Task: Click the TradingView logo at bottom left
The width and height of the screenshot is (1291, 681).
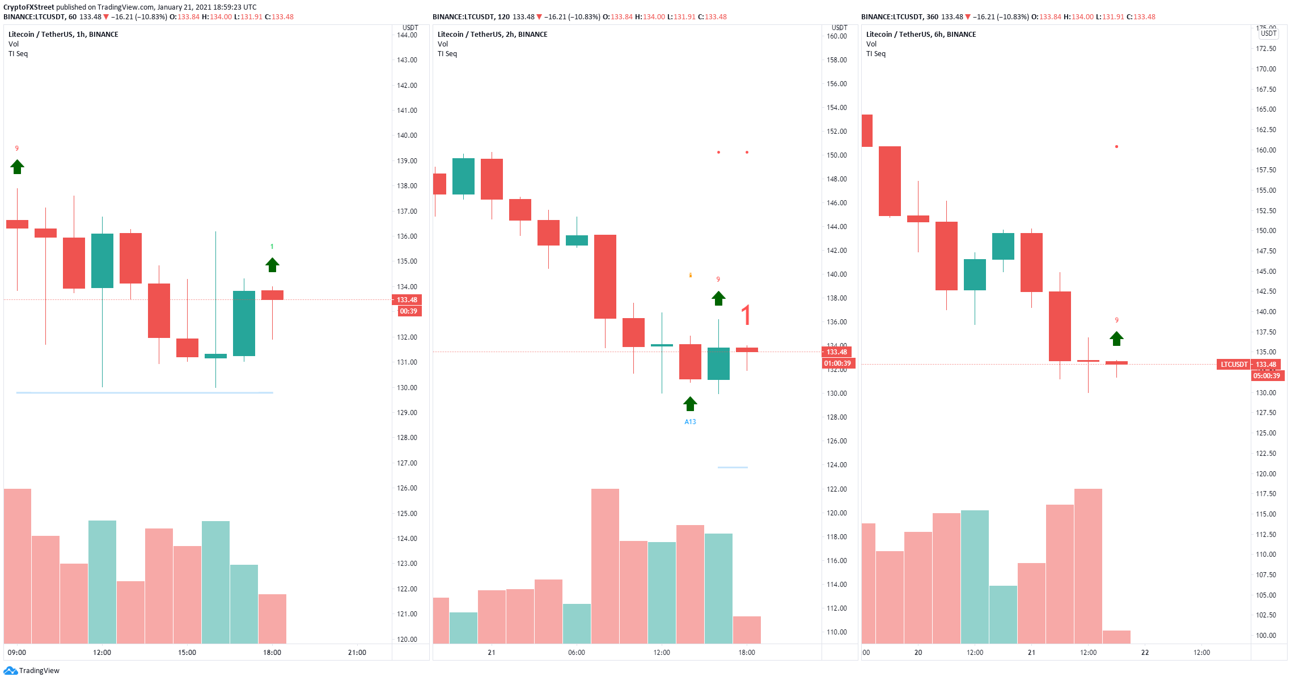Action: click(31, 671)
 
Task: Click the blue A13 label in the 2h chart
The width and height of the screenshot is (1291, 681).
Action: click(690, 422)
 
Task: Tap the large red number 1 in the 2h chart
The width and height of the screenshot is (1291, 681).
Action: click(746, 315)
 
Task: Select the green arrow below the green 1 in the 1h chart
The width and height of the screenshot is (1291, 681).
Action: click(272, 265)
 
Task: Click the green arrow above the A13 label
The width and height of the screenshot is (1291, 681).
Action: click(690, 404)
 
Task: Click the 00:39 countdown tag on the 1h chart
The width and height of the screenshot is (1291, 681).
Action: click(408, 311)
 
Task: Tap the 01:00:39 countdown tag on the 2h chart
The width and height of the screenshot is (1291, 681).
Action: click(837, 363)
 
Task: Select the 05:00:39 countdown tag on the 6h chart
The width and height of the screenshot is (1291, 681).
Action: click(1267, 376)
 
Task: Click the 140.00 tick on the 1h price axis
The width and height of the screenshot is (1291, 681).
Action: click(407, 136)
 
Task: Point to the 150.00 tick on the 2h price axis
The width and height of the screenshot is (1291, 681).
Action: click(837, 155)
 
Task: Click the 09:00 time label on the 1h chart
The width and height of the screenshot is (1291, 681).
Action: click(17, 653)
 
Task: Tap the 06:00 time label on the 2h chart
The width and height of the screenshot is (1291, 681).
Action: click(577, 653)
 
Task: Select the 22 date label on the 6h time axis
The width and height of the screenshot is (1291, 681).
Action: click(1145, 653)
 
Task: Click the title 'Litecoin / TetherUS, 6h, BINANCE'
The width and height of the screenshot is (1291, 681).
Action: click(921, 35)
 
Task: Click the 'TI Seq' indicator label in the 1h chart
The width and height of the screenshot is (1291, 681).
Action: click(18, 54)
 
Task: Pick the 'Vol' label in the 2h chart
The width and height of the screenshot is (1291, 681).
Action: click(443, 44)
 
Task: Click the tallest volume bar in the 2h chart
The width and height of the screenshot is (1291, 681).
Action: click(605, 566)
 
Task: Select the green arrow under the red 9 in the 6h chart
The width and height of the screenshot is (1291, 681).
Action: click(1116, 339)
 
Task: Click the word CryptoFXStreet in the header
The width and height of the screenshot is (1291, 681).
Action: click(29, 7)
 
